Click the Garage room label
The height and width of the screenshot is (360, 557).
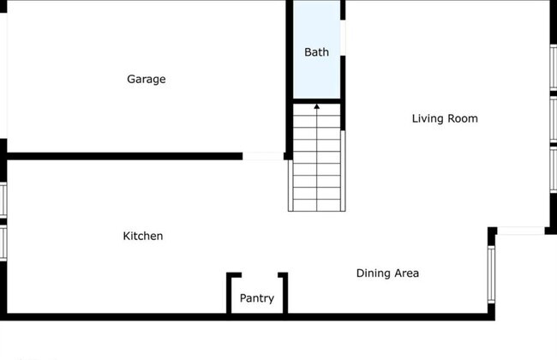(147, 80)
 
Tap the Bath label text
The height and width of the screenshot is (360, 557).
(316, 52)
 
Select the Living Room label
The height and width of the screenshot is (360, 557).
(445, 118)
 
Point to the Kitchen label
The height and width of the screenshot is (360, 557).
(143, 236)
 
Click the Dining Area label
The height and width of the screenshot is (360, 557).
(387, 273)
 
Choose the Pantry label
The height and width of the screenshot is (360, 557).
(257, 298)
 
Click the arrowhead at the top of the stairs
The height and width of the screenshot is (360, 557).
(317, 107)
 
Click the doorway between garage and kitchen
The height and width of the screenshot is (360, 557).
(264, 156)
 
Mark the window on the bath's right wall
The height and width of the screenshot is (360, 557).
(343, 39)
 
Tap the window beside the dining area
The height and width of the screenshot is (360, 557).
(492, 274)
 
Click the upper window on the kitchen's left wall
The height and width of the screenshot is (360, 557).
(3, 199)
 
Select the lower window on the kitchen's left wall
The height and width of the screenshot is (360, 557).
(3, 241)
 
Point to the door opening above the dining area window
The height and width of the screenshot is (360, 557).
(521, 230)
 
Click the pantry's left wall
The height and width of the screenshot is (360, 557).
(230, 293)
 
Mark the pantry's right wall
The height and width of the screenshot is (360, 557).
(284, 293)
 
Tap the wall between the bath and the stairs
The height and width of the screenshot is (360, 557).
(317, 101)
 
